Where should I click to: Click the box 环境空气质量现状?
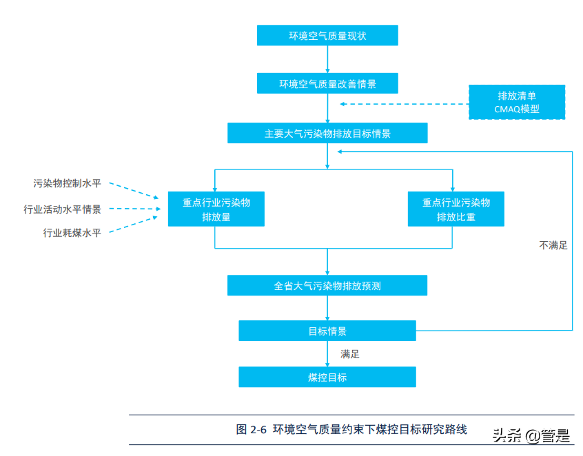pyautogui.click(x=327, y=36)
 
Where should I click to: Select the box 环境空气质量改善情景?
pyautogui.click(x=327, y=84)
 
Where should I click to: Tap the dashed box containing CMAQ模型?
pyautogui.click(x=517, y=102)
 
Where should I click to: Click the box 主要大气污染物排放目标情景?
pyautogui.click(x=327, y=134)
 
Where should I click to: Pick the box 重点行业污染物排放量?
pyautogui.click(x=216, y=209)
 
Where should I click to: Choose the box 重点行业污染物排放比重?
pyautogui.click(x=456, y=209)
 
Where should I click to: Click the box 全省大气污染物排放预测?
pyautogui.click(x=327, y=285)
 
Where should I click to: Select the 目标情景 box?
pyautogui.click(x=327, y=331)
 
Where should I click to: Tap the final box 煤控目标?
pyautogui.click(x=327, y=377)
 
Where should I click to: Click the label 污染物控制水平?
pyautogui.click(x=68, y=183)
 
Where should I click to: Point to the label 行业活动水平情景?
pyautogui.click(x=63, y=209)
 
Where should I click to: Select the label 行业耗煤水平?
pyautogui.click(x=72, y=233)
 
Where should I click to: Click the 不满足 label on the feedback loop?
pyautogui.click(x=553, y=245)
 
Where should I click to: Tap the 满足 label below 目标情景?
pyautogui.click(x=350, y=354)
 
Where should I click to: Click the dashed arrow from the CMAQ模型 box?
pyautogui.click(x=403, y=104)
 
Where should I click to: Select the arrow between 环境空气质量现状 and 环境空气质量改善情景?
pyautogui.click(x=327, y=59)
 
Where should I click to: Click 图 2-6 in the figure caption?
pyautogui.click(x=252, y=429)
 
